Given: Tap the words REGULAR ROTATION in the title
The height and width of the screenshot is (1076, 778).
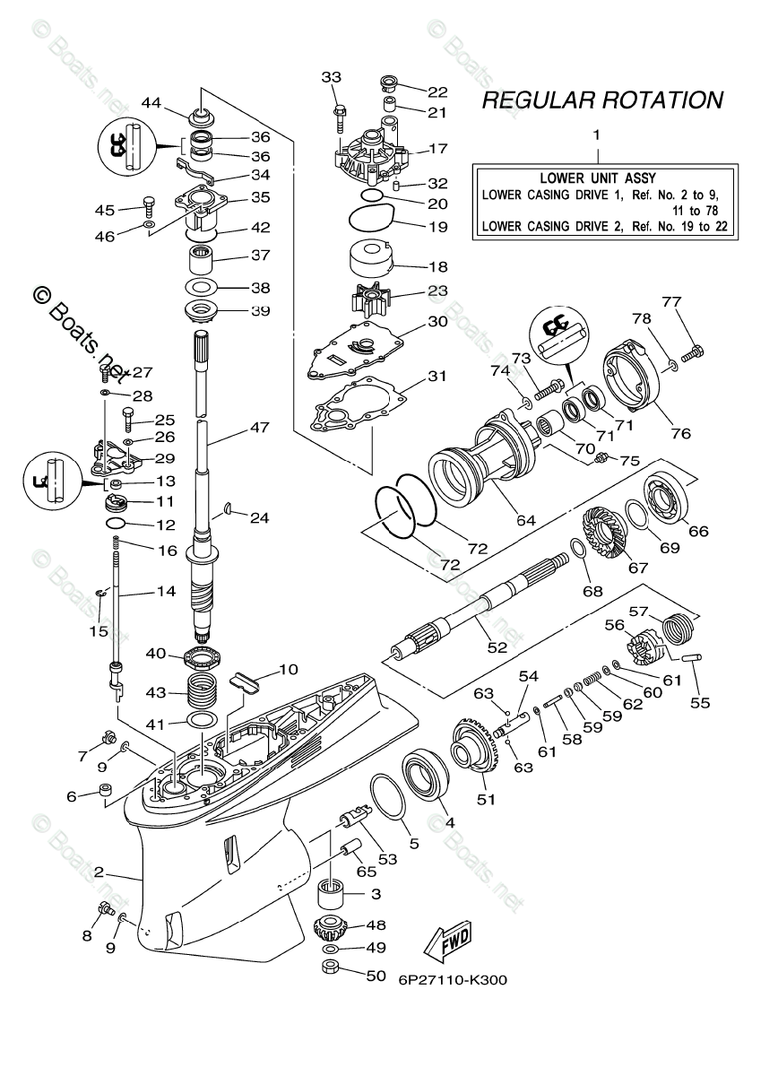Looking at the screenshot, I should [x=602, y=100].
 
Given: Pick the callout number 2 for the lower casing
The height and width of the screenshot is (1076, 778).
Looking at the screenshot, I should [x=99, y=871].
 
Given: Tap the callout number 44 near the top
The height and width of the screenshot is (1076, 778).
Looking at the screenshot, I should [x=151, y=104].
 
